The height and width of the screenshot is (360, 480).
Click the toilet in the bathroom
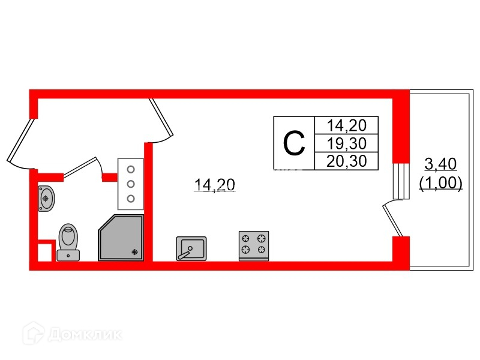point(68,241)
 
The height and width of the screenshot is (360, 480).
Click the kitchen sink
point(191,248)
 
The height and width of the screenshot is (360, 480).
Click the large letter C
point(294,143)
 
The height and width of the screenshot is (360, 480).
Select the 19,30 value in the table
point(346,143)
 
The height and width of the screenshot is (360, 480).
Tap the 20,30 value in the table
point(346,160)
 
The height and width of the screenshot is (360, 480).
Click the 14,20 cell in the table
point(346,125)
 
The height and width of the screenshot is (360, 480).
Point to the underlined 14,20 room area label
point(214,185)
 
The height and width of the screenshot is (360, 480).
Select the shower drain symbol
point(136,252)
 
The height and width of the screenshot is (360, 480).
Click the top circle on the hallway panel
point(130,170)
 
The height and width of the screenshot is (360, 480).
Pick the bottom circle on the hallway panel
point(130,199)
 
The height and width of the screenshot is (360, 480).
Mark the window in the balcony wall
point(401,180)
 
